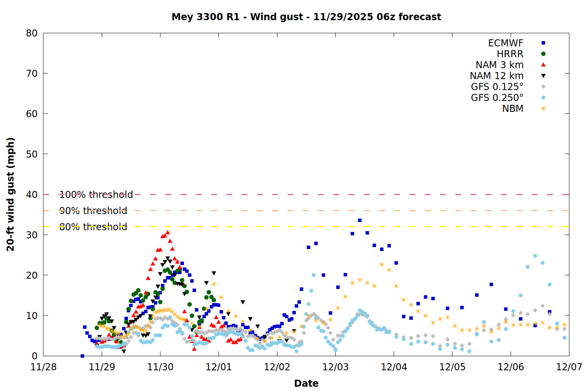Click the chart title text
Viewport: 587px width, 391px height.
306,17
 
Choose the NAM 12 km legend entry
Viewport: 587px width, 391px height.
497,76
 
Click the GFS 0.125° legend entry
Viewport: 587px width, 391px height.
497,87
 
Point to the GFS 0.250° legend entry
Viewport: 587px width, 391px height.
497,98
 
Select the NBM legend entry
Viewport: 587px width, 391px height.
513,109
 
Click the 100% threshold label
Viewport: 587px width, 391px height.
96,195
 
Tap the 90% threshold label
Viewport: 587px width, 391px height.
93,211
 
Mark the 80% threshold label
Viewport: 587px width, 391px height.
93,227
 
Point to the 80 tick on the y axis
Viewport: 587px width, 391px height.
32,33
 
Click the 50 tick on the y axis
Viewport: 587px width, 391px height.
32,154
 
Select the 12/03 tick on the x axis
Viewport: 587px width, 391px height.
335,367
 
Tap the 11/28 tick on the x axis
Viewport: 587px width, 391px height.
43,367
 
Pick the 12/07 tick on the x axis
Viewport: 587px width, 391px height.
569,367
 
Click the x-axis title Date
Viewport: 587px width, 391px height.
306,383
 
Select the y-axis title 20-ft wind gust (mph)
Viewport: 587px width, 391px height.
11,194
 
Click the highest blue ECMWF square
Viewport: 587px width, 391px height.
360,221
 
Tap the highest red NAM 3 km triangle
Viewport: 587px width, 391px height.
167,233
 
